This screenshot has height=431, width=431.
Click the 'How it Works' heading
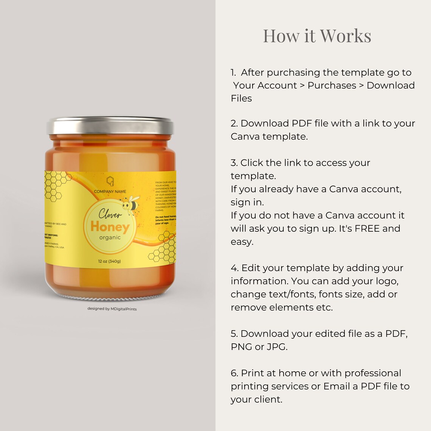click(x=317, y=36)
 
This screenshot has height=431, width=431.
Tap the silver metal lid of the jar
click(x=110, y=126)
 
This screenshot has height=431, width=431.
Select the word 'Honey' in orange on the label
click(x=110, y=226)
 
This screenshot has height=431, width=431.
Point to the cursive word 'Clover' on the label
click(x=110, y=214)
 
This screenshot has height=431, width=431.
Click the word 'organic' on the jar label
click(x=110, y=237)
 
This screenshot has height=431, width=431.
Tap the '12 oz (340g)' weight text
click(x=109, y=261)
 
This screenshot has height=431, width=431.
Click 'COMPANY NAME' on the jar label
click(x=110, y=191)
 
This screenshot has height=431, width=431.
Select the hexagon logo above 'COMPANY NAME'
click(x=110, y=181)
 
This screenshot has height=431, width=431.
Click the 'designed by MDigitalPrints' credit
click(x=112, y=309)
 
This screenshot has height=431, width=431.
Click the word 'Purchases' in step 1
click(x=332, y=85)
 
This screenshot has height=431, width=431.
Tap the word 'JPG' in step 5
click(x=276, y=347)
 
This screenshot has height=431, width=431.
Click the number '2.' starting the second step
click(x=234, y=124)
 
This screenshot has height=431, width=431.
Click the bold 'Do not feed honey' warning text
click(x=166, y=217)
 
